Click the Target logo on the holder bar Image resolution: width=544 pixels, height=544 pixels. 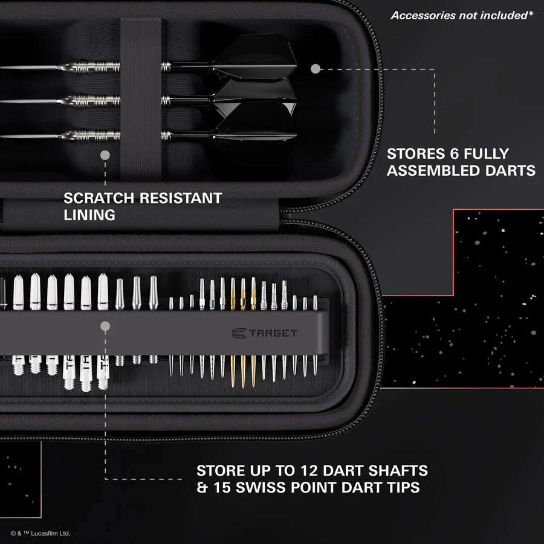coord(265,332)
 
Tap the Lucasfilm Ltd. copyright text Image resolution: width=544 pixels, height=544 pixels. coord(40,533)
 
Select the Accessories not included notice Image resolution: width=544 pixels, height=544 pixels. coord(462,15)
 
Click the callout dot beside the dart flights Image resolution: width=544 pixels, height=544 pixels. coord(315,69)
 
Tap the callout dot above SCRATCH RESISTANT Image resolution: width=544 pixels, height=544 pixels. coord(105,155)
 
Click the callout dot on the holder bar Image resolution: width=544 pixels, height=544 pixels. coord(105,326)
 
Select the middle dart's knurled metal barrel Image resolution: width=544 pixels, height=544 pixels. coord(91,100)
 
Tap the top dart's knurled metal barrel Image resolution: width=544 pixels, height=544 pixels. coord(91,67)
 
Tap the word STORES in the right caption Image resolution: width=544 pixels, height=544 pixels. coord(413,154)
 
